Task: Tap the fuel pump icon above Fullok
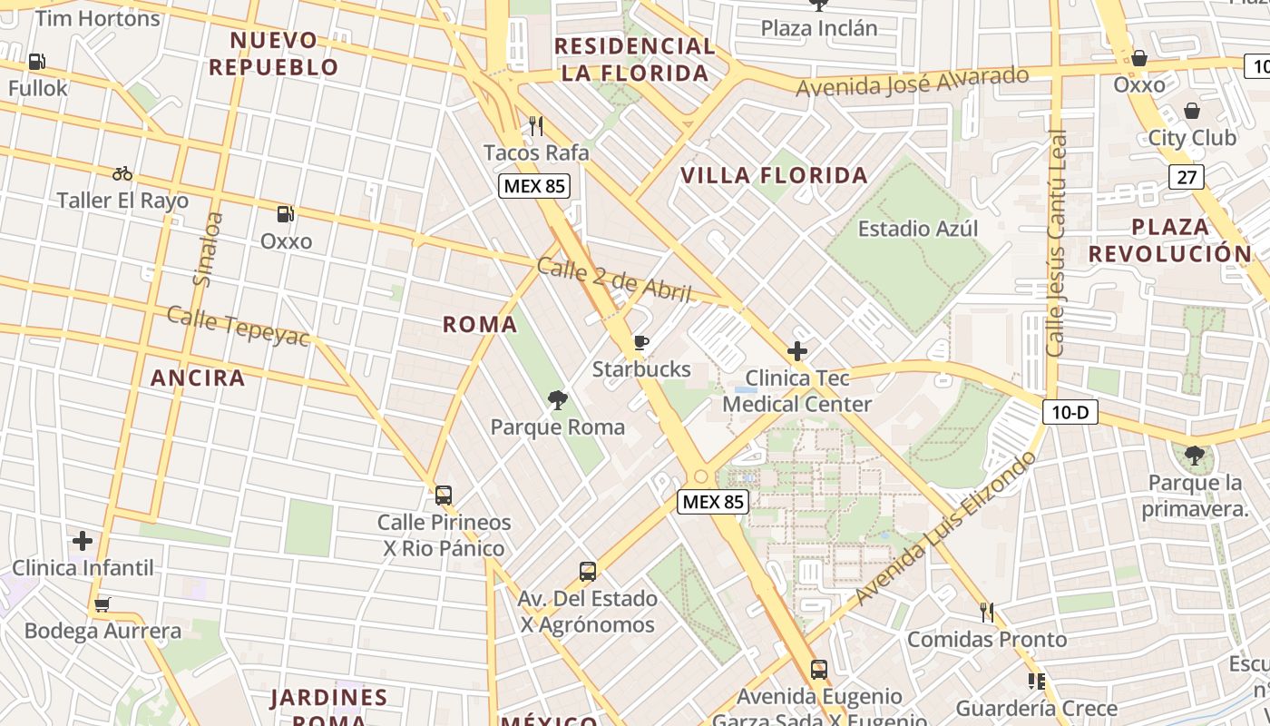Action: click(x=37, y=62)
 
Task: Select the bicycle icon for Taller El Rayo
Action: click(x=122, y=173)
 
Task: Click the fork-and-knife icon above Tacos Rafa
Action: click(x=536, y=125)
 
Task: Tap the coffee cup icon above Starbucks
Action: click(x=641, y=342)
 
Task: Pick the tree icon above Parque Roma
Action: click(x=557, y=399)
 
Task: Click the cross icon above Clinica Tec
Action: click(x=797, y=350)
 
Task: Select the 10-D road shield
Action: click(x=1070, y=413)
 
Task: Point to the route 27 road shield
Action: click(x=1187, y=177)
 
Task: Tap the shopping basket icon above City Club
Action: click(x=1191, y=111)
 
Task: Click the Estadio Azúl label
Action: click(x=918, y=229)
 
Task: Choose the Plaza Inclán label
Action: click(x=819, y=28)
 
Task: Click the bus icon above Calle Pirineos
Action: click(x=444, y=495)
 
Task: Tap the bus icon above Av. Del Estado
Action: click(x=588, y=572)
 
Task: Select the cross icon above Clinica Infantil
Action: click(x=83, y=542)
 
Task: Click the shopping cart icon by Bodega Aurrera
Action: click(x=103, y=604)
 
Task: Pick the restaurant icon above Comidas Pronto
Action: click(x=987, y=613)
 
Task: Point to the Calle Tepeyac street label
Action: click(x=239, y=326)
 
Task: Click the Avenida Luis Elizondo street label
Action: click(x=945, y=529)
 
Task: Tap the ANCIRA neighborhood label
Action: click(x=198, y=378)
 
